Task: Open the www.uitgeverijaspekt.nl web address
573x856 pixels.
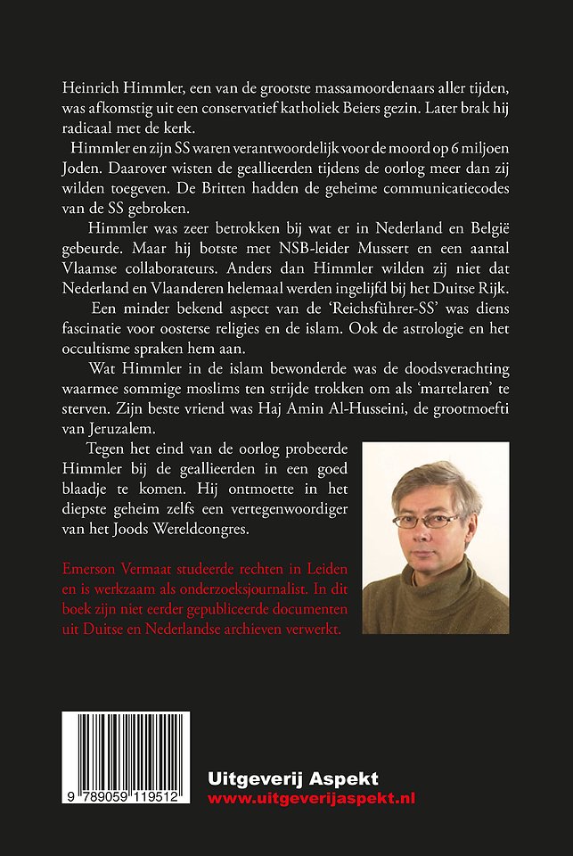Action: tap(311, 799)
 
